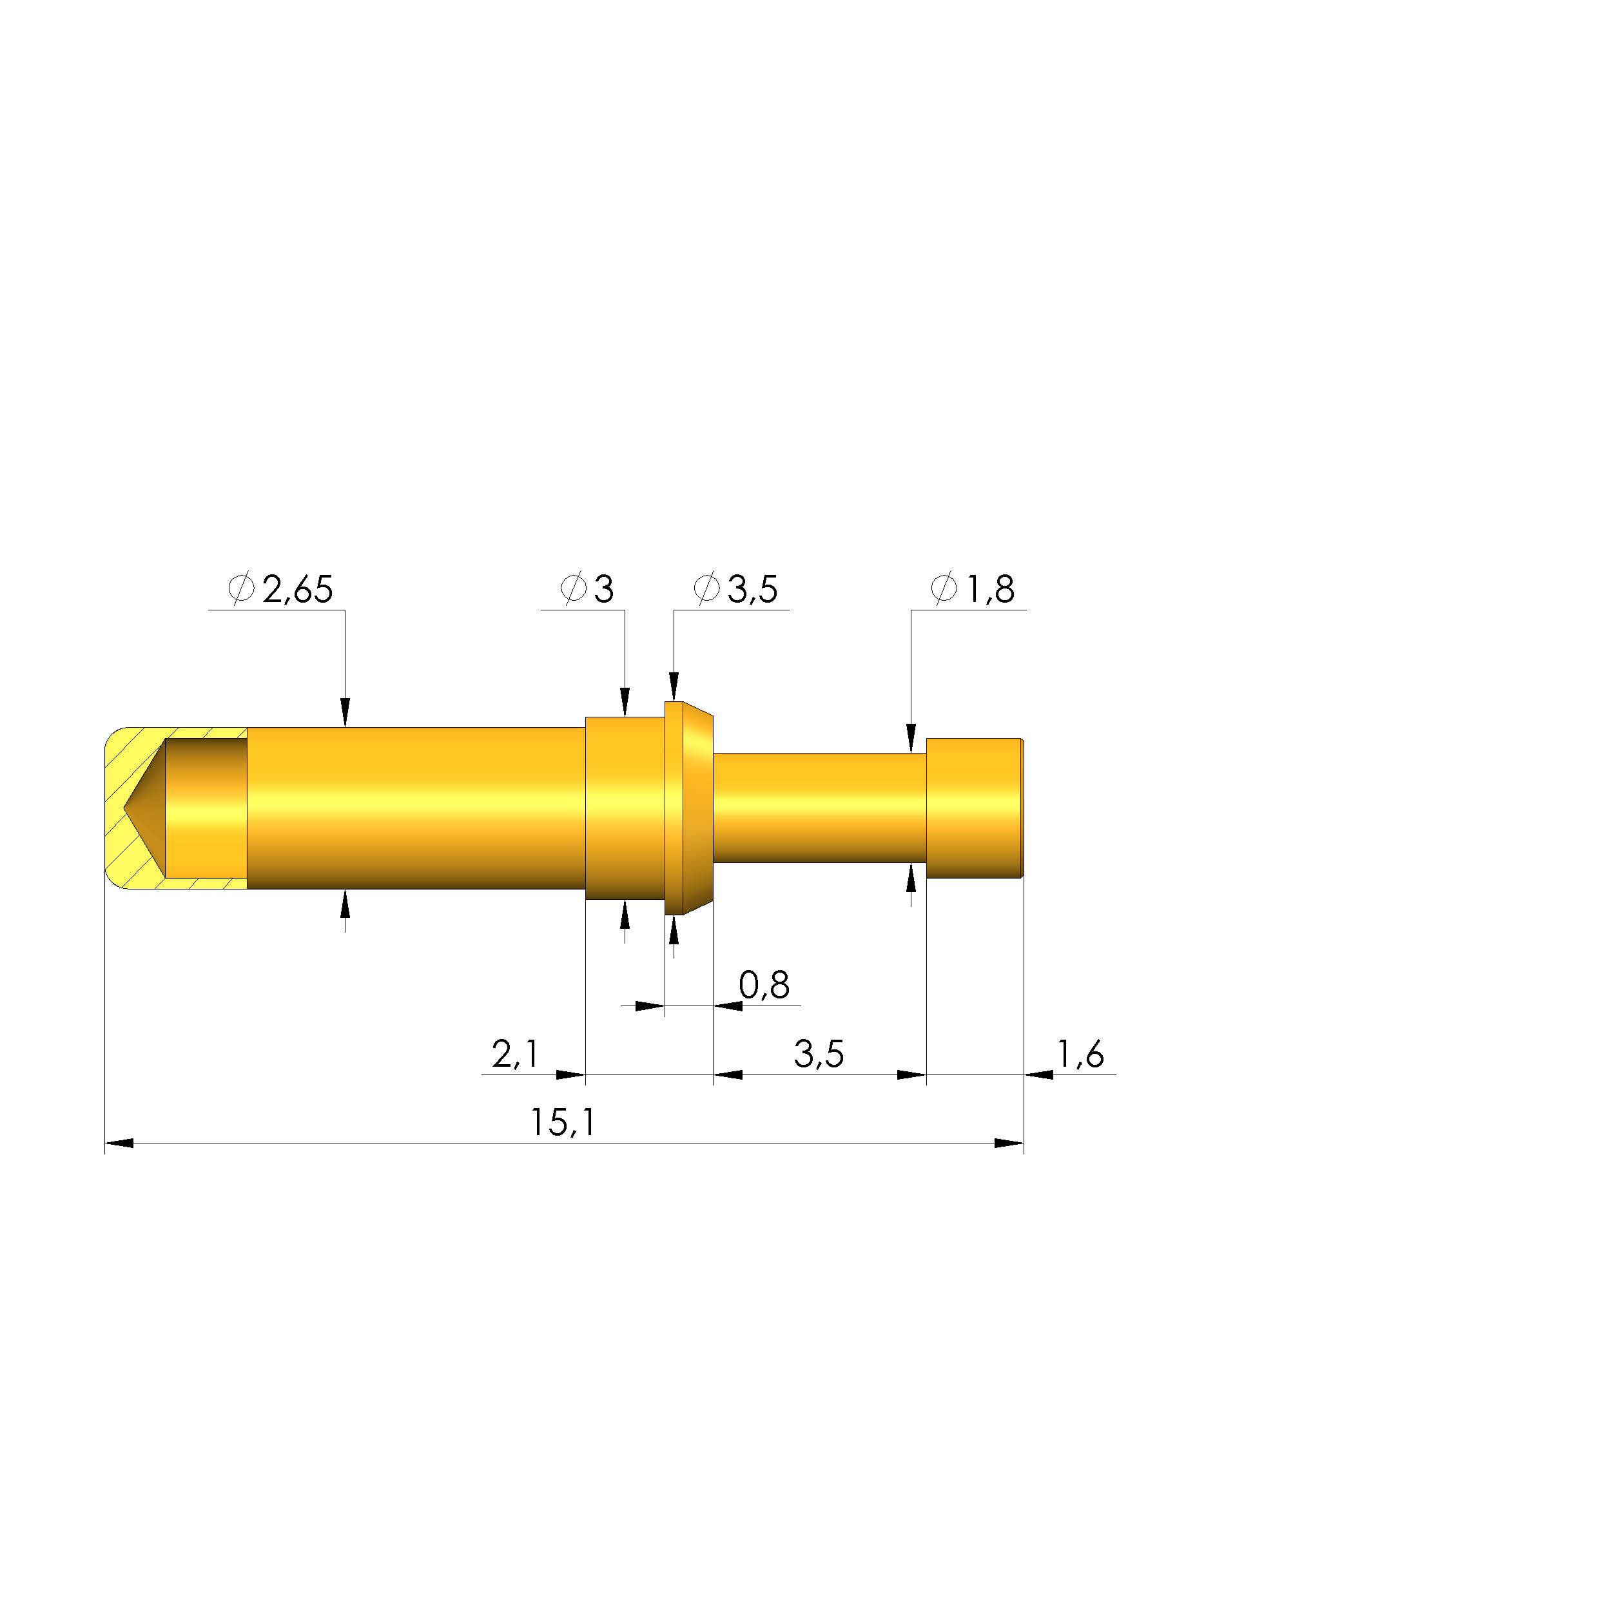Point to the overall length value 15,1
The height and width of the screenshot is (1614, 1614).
pos(563,1123)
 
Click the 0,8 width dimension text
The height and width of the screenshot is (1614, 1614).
pos(764,986)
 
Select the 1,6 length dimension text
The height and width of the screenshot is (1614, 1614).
pos(1081,1055)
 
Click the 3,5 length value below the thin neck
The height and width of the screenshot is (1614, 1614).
pos(819,1055)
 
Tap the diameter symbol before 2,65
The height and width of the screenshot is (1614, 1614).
pos(240,589)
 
